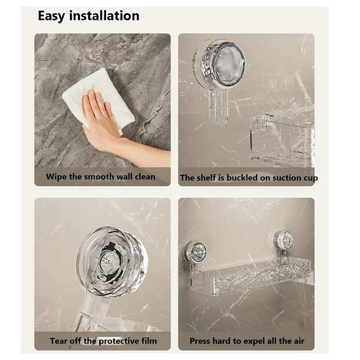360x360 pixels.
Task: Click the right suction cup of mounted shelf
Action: pyautogui.click(x=283, y=238)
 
